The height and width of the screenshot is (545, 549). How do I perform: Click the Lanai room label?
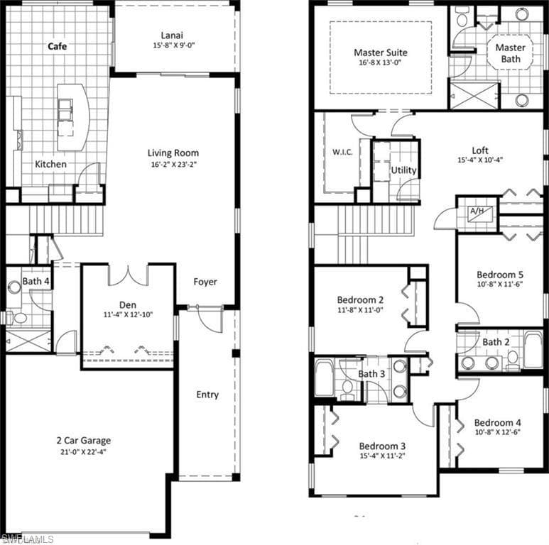coord(172,35)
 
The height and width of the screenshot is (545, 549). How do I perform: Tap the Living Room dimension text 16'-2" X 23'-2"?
coord(173,165)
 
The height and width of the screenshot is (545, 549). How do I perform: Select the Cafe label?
coord(57,46)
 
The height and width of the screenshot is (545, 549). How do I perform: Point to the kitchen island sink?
coord(65,109)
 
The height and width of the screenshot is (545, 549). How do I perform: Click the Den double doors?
coord(129,275)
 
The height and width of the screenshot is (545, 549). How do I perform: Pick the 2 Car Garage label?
coord(84,441)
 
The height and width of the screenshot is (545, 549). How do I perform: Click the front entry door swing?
coord(210,320)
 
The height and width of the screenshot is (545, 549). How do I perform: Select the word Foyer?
coord(205,282)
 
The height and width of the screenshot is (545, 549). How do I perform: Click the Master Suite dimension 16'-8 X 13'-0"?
coord(380,62)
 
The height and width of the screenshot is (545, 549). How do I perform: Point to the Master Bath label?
coord(511,53)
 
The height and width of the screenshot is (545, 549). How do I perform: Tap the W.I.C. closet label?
coord(342,152)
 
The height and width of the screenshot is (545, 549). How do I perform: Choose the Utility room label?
coord(403,170)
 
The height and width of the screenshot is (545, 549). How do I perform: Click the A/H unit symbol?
coord(480,213)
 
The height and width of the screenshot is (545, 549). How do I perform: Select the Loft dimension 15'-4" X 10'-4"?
coord(480,160)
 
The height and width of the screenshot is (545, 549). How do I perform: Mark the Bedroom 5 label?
coord(500,275)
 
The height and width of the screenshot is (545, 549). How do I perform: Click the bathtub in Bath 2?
coord(533,348)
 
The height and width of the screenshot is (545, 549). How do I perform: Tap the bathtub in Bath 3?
coord(325,378)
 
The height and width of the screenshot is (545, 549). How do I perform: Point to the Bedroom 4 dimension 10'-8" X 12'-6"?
coord(498,432)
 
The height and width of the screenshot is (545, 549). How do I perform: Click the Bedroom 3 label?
coord(382,446)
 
